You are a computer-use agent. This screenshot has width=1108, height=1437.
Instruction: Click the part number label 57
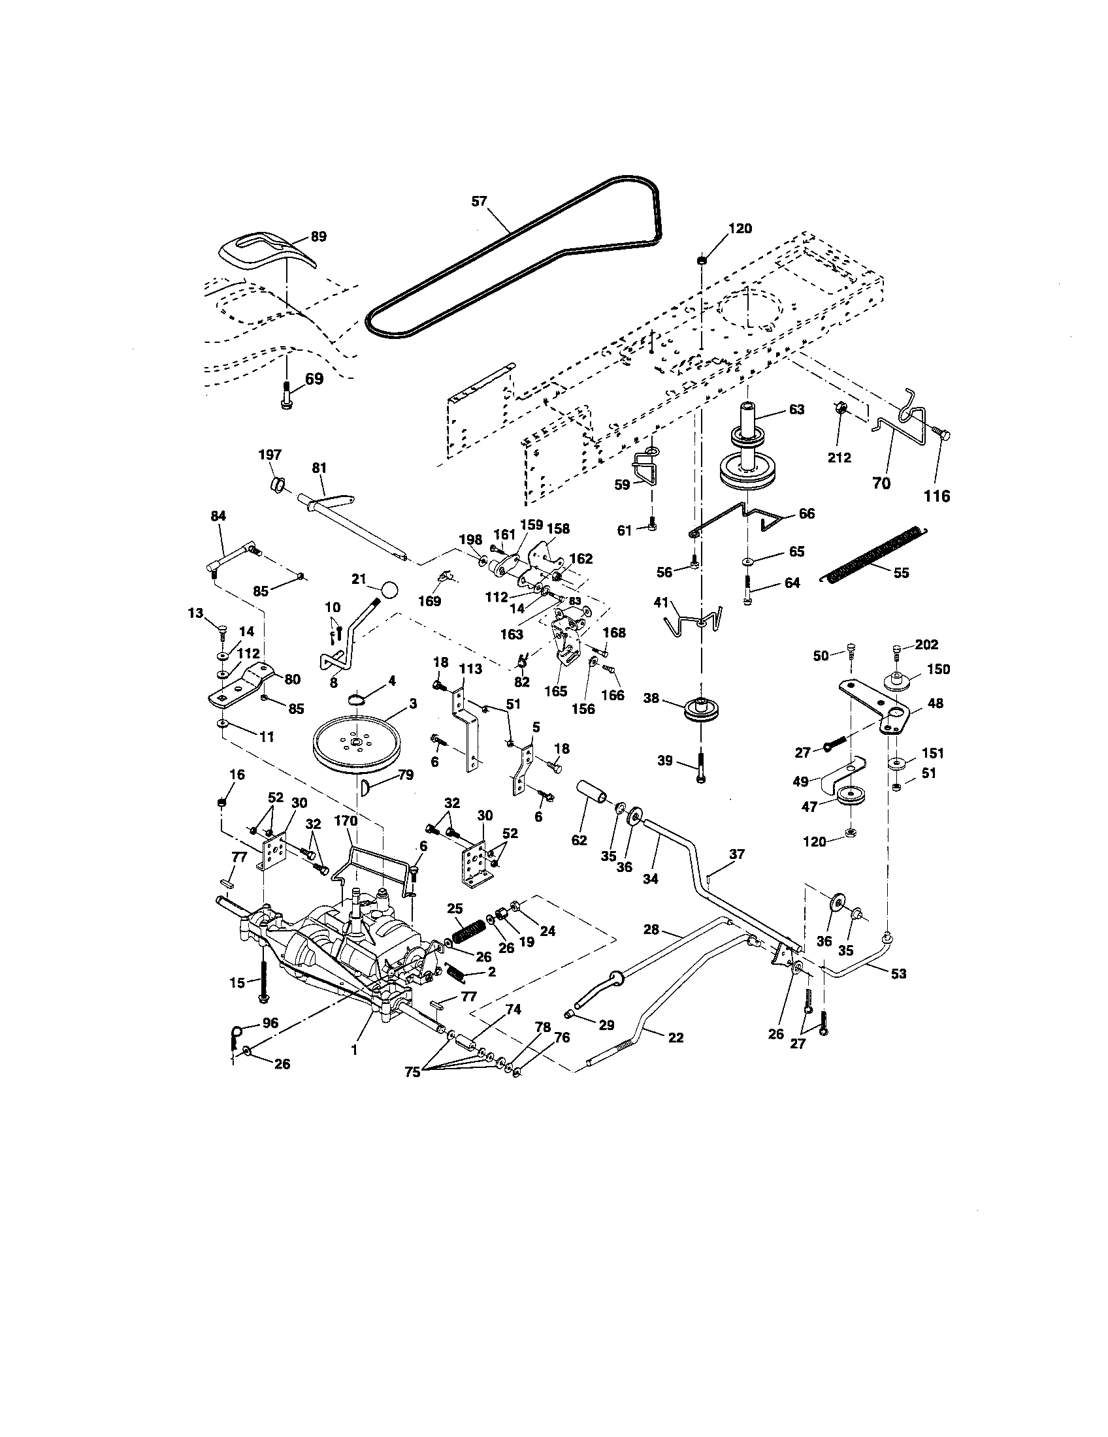[479, 201]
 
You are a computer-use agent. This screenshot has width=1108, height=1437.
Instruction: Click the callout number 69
[314, 379]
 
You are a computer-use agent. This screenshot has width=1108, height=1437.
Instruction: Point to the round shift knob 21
[389, 589]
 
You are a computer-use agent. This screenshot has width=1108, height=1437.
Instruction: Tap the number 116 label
[937, 496]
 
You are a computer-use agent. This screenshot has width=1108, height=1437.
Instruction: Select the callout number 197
[270, 455]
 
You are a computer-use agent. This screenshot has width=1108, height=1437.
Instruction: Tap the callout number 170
[346, 821]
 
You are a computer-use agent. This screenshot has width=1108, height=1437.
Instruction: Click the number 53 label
[898, 974]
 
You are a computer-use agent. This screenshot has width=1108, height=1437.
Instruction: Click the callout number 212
[839, 458]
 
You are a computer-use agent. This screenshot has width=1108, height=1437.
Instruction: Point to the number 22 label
[675, 1038]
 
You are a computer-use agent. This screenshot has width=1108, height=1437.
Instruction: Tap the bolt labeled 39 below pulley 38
[702, 767]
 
